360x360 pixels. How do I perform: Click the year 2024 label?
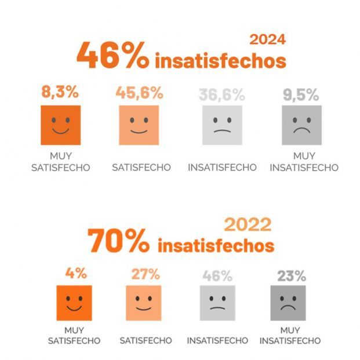267,39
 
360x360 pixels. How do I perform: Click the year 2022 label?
248,224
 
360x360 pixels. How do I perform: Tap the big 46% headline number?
112,57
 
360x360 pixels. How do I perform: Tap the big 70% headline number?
119,241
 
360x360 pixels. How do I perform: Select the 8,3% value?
60,92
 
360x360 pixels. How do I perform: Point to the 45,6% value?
139,93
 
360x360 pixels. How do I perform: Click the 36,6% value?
221,94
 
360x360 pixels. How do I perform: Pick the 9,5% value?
301,94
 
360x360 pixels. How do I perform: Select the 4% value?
74,273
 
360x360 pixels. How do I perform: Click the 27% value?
146,274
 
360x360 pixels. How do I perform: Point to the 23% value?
292,276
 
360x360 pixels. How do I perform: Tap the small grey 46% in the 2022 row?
217,276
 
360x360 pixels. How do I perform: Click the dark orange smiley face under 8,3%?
60,125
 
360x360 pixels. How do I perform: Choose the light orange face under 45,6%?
139,125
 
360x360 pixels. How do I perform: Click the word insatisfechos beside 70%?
216,245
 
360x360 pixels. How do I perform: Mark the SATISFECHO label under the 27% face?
146,340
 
